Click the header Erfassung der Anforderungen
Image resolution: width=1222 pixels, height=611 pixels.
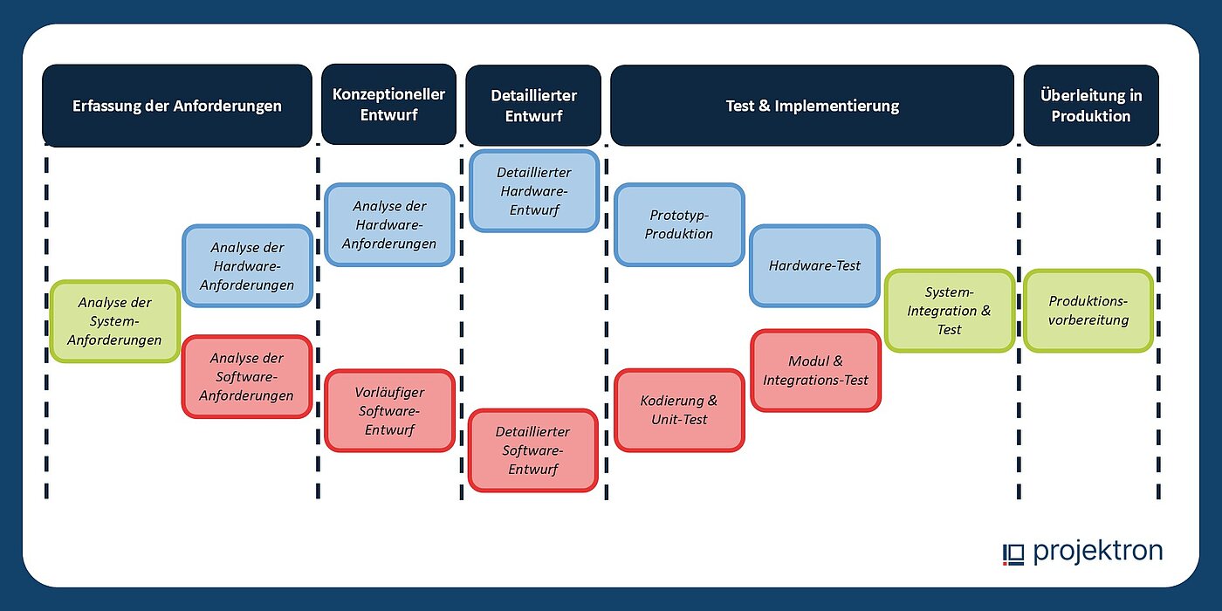[x=176, y=106]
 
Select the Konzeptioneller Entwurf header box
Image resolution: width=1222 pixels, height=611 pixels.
[x=388, y=105]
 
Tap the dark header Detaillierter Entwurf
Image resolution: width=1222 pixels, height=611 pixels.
[x=532, y=106]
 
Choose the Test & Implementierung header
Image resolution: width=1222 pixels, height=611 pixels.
[x=812, y=106]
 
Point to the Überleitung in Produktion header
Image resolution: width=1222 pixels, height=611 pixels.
[x=1090, y=106]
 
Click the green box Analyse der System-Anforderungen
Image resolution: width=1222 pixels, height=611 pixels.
[x=114, y=321]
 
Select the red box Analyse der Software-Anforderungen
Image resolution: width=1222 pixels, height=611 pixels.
[x=247, y=376]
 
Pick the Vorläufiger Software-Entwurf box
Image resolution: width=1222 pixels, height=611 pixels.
[x=389, y=411]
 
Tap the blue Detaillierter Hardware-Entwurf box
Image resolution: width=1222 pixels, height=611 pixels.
[x=533, y=191]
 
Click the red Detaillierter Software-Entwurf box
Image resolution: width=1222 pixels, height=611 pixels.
[x=532, y=450]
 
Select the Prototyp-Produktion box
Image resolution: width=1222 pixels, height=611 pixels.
[x=680, y=224]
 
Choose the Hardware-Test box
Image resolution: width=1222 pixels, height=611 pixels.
[x=814, y=265]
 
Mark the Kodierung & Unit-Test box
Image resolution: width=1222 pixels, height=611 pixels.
[x=679, y=410]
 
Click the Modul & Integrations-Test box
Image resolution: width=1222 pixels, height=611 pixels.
[x=815, y=370]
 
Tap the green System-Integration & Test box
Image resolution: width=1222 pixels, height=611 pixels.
[x=949, y=311]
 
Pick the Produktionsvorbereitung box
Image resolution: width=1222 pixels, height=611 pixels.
[x=1088, y=311]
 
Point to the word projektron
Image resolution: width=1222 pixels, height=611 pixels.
[x=1098, y=552]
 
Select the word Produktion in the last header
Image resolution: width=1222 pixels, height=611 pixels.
[x=1090, y=116]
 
